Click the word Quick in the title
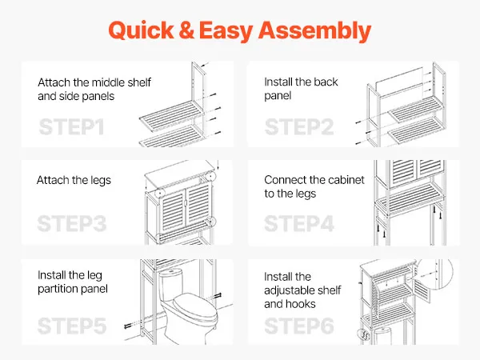coord(141,30)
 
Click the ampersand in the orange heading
coord(186,30)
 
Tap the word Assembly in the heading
coord(315,31)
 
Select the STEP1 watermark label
coord(72,126)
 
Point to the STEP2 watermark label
coord(299,126)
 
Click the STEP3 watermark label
coord(72,223)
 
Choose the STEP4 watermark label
coord(299,223)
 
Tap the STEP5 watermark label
coord(72,326)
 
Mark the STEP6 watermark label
coord(299,326)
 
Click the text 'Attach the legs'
coord(74,180)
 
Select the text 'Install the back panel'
coord(302,89)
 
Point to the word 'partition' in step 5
coord(58,289)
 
